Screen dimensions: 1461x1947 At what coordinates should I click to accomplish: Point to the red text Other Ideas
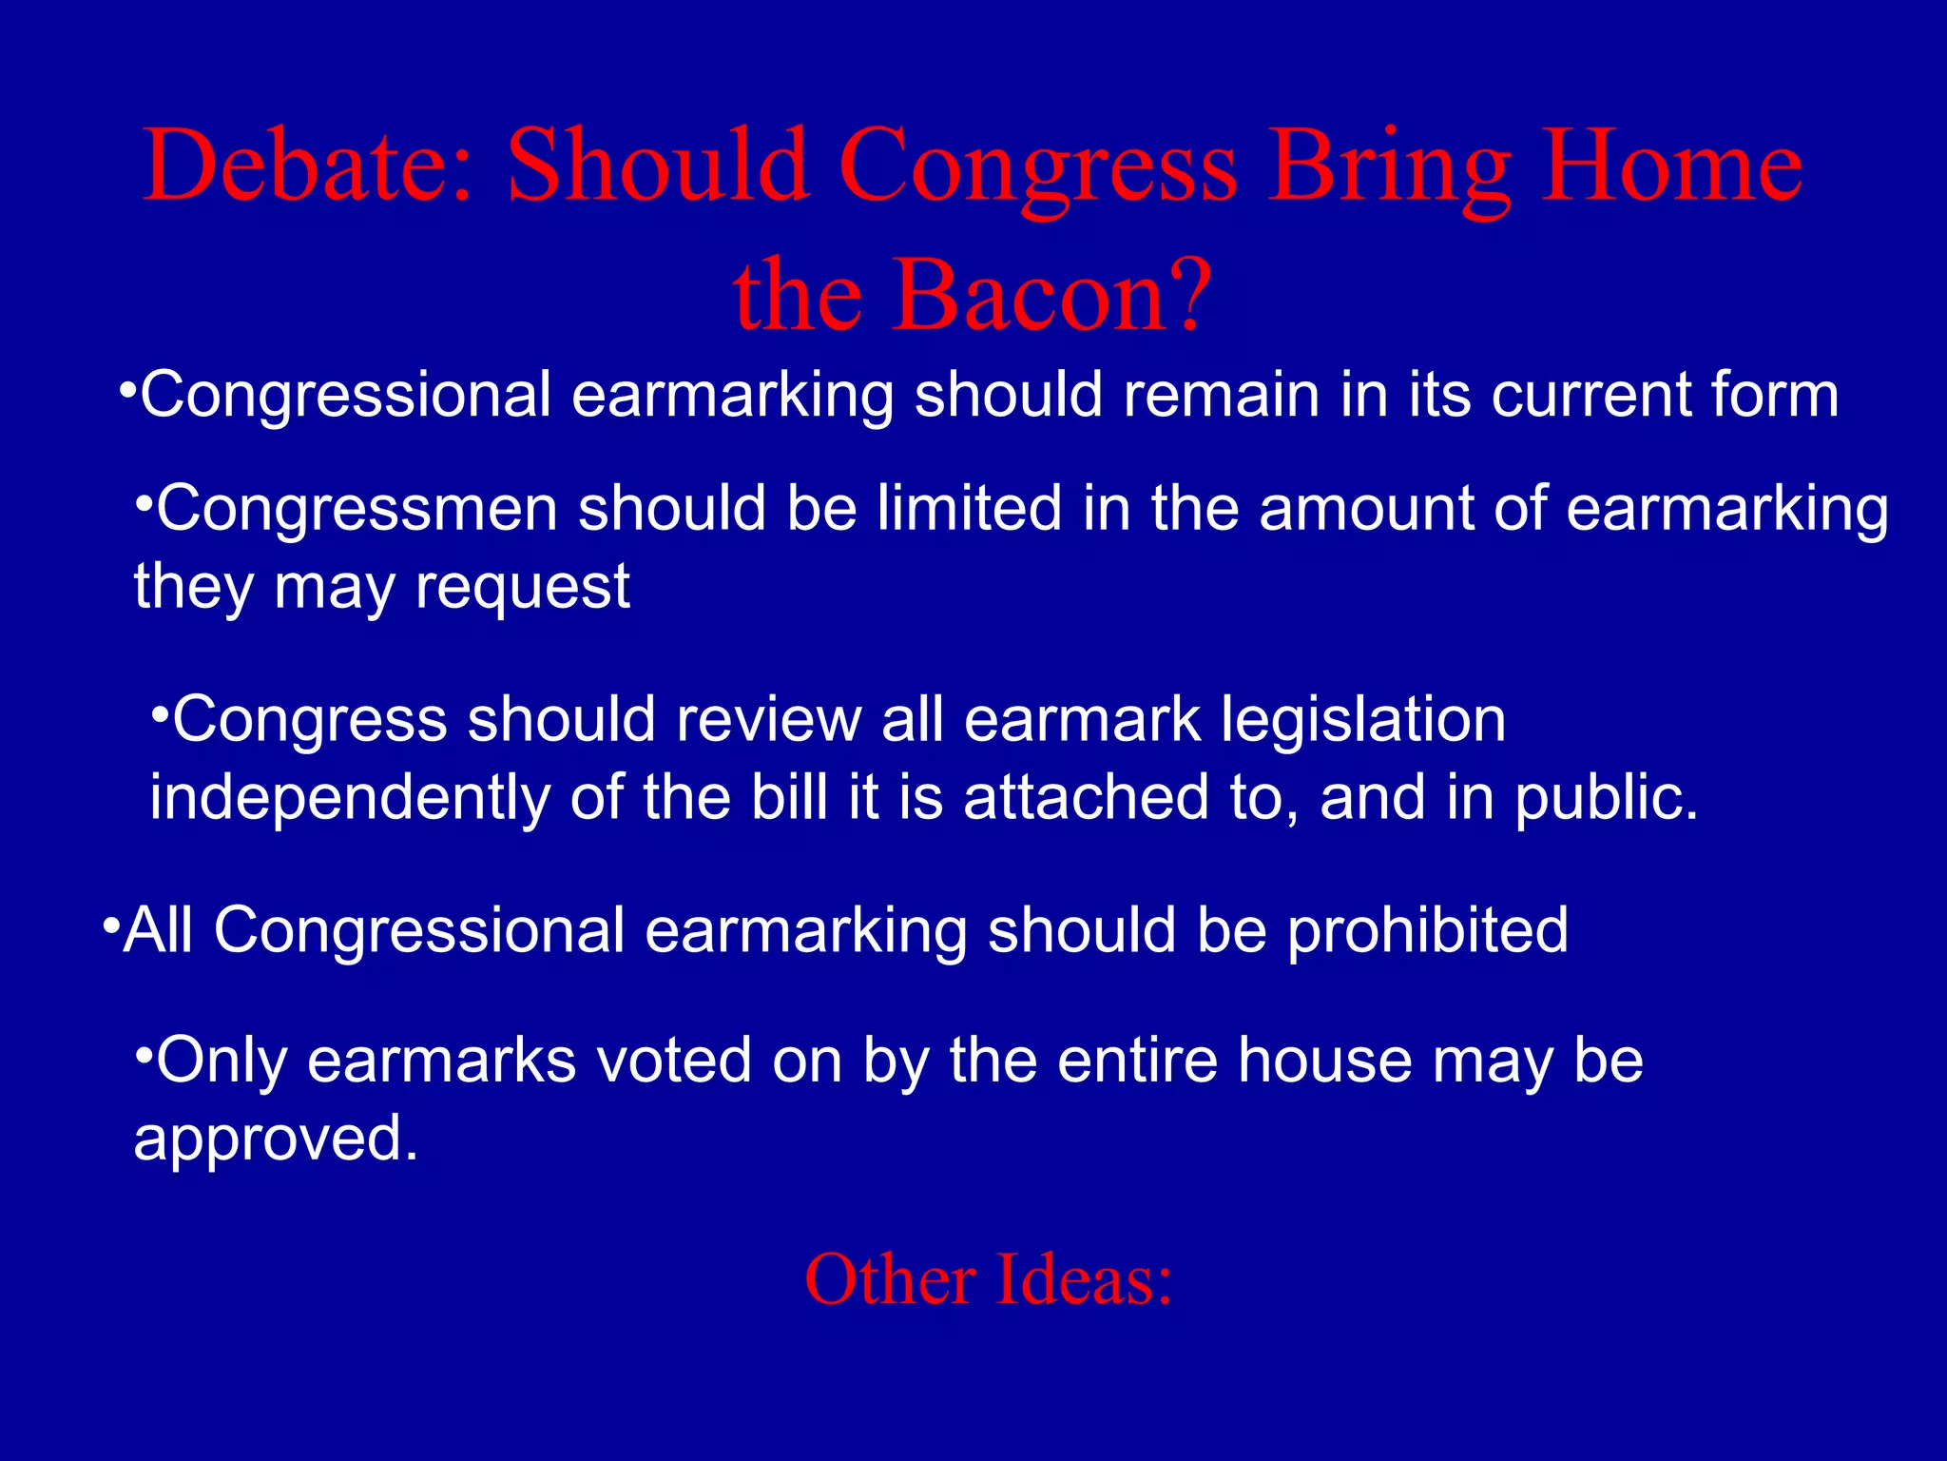(x=989, y=1279)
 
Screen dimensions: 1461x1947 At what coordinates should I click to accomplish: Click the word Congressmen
(x=357, y=509)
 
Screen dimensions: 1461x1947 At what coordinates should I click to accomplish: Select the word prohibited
(x=1427, y=929)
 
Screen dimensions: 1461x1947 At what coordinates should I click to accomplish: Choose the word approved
(x=276, y=1139)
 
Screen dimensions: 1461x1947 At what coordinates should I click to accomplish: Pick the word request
(x=523, y=587)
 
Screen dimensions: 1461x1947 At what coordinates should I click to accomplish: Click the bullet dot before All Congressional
(x=110, y=924)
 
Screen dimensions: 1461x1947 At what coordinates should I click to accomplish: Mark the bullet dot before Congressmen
(x=144, y=502)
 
